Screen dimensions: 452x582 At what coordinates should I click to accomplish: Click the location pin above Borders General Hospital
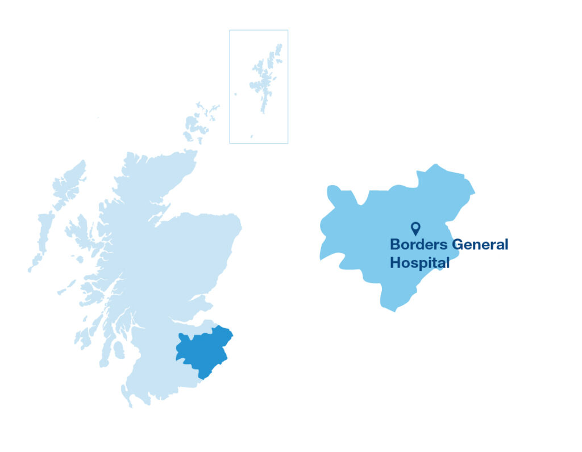(415, 228)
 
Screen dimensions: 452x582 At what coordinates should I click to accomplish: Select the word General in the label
(480, 245)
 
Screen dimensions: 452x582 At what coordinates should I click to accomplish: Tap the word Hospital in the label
(419, 263)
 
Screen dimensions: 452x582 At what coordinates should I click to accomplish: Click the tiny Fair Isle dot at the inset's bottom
(252, 136)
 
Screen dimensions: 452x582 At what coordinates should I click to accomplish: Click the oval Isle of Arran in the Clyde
(119, 350)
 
